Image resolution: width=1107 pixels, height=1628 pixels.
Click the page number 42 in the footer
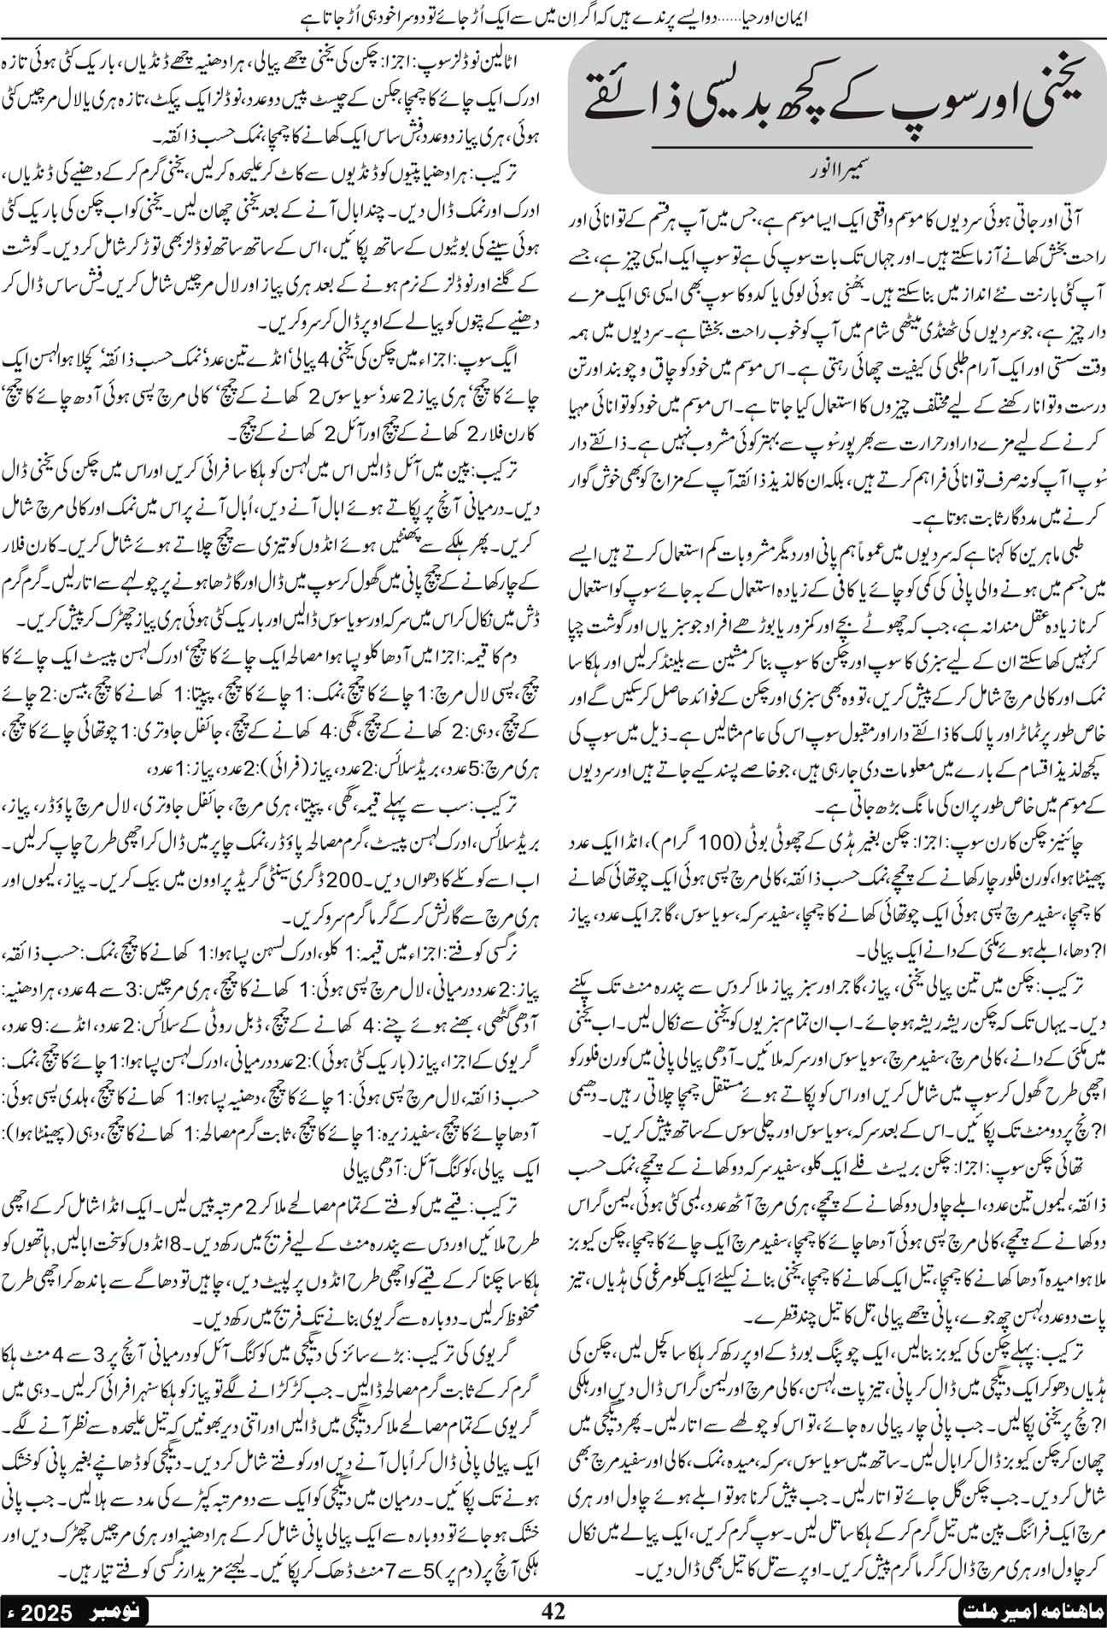(x=553, y=1610)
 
